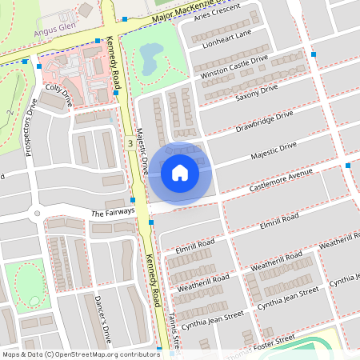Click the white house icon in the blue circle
(x=180, y=172)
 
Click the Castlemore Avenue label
(x=280, y=179)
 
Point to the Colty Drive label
(x=59, y=95)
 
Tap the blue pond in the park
(x=150, y=58)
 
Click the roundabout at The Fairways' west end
(x=34, y=214)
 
